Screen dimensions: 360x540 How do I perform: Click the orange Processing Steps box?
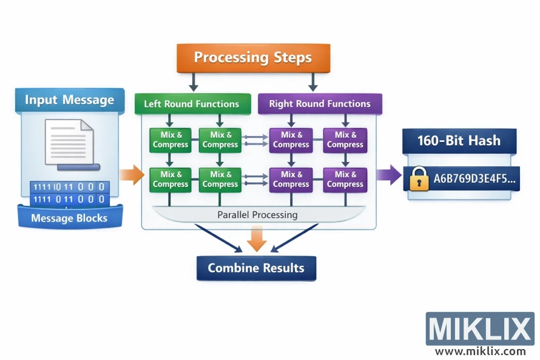click(252, 58)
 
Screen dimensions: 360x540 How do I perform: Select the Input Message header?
click(69, 100)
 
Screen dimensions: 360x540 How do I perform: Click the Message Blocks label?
click(69, 218)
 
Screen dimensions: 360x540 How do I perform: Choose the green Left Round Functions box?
click(191, 104)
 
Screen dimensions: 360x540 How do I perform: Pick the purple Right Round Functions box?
click(320, 104)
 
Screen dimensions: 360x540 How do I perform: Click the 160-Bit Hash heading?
click(459, 141)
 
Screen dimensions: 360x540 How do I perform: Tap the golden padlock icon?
click(419, 179)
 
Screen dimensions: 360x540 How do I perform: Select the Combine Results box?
click(256, 268)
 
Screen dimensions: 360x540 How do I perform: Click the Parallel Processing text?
click(257, 215)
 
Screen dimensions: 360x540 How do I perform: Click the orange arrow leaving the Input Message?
click(131, 176)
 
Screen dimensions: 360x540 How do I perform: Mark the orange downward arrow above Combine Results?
click(257, 238)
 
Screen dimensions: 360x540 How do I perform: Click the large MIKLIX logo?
click(479, 329)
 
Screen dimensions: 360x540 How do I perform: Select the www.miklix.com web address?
click(480, 351)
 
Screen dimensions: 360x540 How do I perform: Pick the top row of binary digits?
click(69, 187)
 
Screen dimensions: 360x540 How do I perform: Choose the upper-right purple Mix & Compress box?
click(345, 140)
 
